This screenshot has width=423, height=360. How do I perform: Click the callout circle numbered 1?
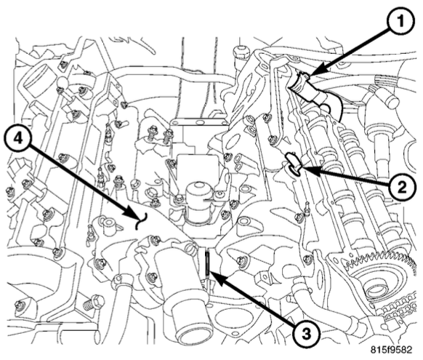pos(400,22)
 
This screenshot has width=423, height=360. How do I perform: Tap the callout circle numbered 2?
pos(401,187)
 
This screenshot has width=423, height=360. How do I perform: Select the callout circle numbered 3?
pos(306,334)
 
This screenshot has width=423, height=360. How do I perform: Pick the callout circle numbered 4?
pos(17,140)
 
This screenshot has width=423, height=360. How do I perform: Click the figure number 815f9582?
pos(391,350)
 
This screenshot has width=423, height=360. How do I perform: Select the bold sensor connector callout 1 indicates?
pos(314,91)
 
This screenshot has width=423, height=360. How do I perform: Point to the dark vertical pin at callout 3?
pos(206,263)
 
